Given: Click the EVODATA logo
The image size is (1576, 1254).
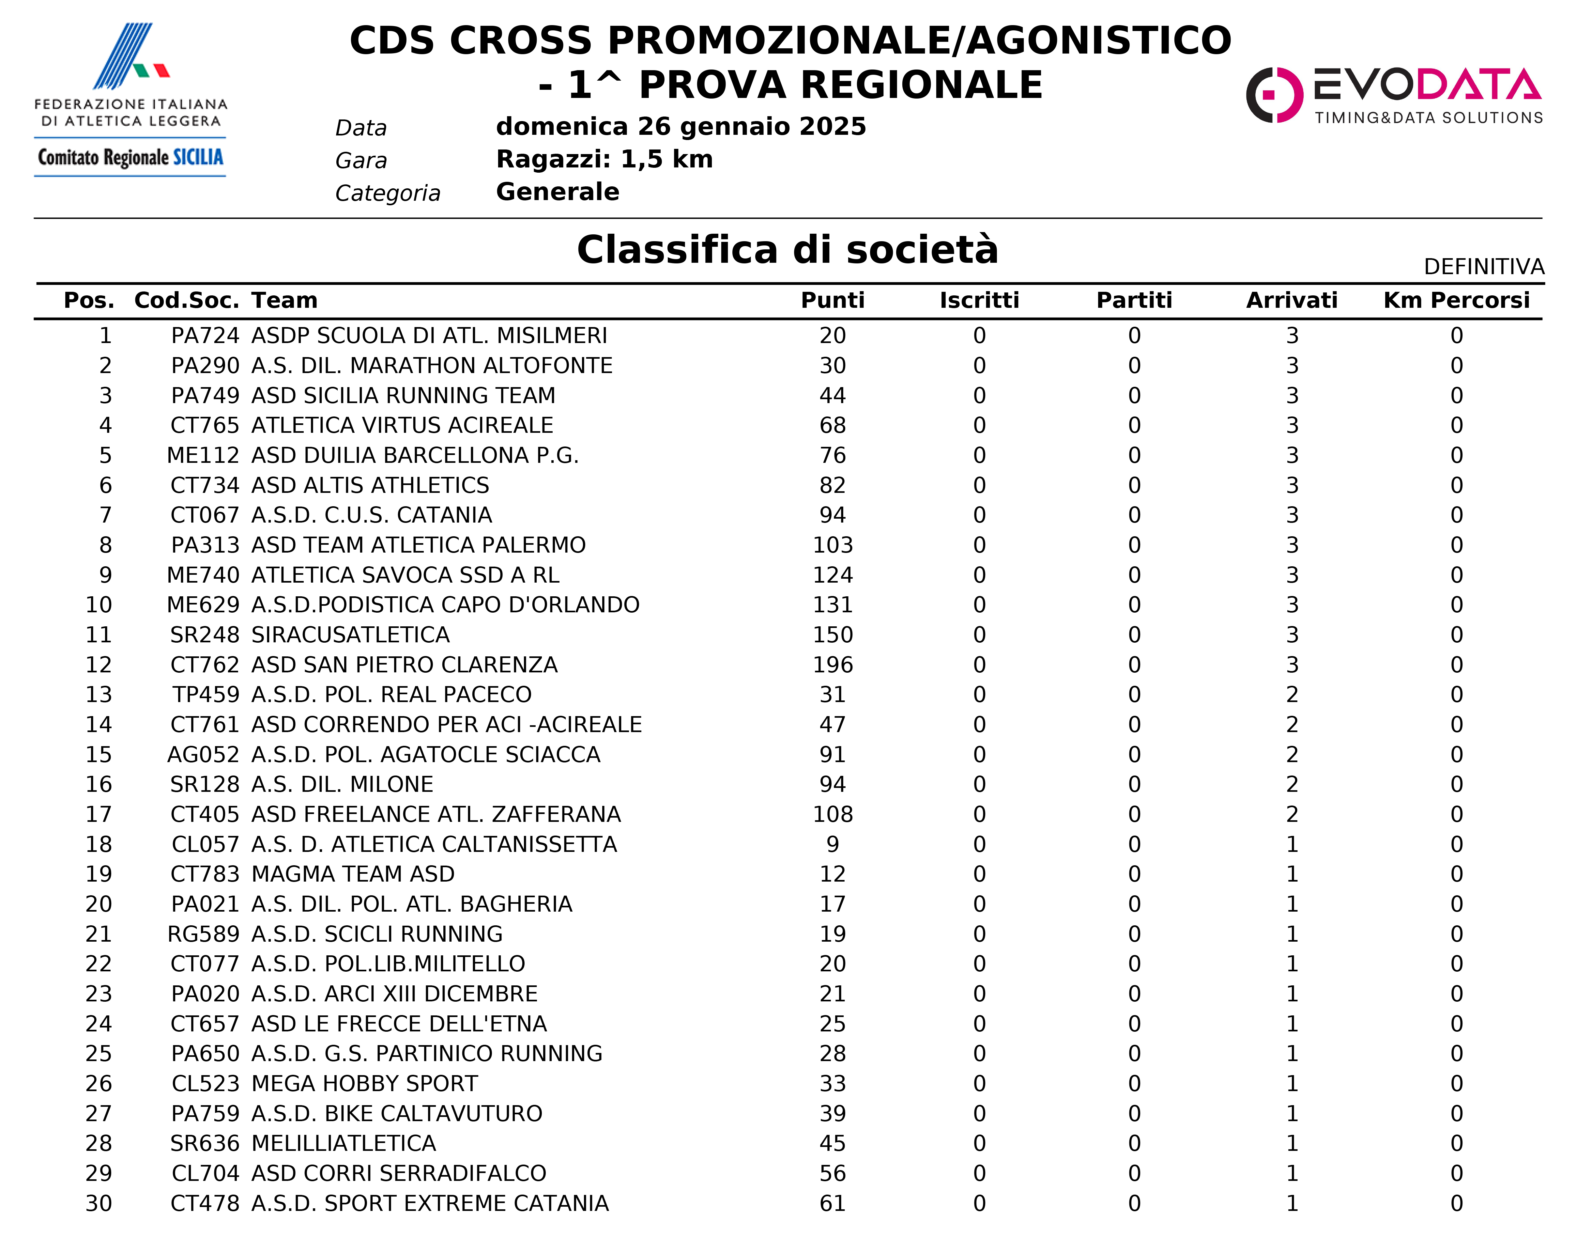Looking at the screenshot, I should [x=1393, y=95].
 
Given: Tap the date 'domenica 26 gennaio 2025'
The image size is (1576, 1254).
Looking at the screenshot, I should [x=681, y=127].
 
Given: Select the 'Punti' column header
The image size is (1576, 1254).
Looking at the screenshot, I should [x=833, y=301].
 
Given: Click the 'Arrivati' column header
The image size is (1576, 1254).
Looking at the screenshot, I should [x=1292, y=301].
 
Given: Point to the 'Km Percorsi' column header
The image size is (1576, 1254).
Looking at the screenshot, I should [x=1456, y=301].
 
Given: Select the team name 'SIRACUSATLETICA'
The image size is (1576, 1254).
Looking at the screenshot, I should [x=350, y=635].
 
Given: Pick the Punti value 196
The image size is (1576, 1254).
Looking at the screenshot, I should [x=833, y=665].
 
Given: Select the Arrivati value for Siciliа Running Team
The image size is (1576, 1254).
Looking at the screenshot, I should [x=1292, y=396].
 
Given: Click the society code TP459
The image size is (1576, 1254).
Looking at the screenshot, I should [x=206, y=695].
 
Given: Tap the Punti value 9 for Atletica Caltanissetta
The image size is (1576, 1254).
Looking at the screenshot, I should [x=833, y=844].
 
